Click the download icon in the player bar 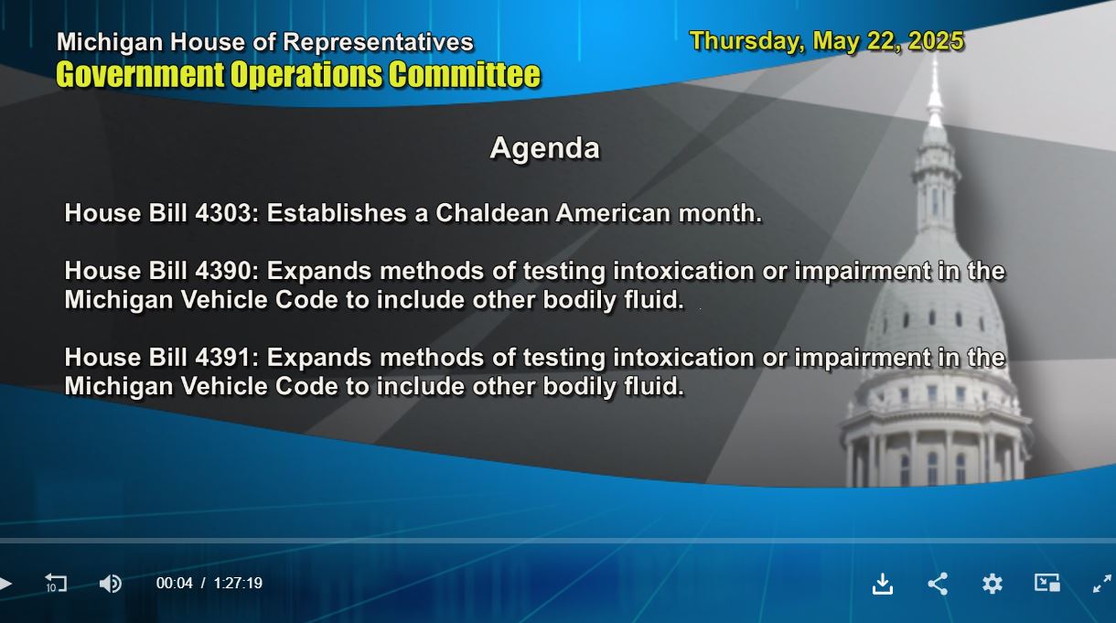883,584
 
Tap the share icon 938,584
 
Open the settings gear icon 992,584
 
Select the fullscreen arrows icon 1102,584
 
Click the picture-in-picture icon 1047,583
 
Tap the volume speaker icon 110,584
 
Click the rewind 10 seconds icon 56,583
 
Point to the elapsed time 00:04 175,583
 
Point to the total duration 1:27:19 238,583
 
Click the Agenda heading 544,149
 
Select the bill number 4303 224,213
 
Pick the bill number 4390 224,271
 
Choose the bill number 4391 222,358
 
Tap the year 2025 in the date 936,41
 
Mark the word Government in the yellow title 140,75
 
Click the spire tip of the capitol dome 935,57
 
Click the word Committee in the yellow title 465,75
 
